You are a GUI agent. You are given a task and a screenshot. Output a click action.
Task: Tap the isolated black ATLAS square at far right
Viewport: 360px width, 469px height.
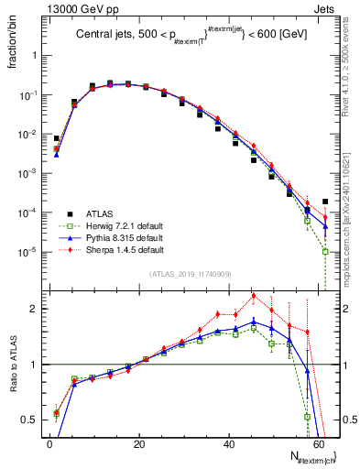[x=326, y=202]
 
